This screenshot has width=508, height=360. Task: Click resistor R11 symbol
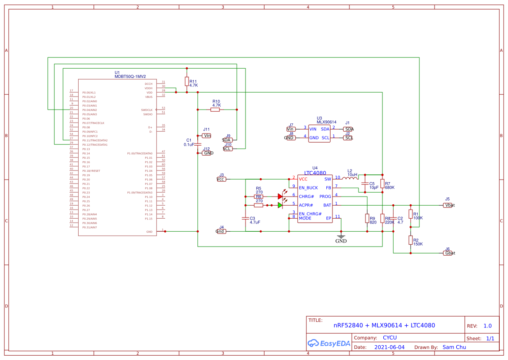pos(187,81)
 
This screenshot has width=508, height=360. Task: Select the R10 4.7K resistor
pos(215,110)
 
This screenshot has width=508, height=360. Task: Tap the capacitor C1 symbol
pos(198,144)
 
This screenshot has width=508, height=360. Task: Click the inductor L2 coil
pos(350,178)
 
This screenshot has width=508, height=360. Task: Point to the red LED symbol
pos(281,197)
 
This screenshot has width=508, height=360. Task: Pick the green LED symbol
pos(281,205)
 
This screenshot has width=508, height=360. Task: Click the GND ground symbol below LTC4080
pos(341,238)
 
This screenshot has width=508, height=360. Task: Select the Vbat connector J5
pos(448,205)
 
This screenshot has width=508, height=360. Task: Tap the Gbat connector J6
pos(448,253)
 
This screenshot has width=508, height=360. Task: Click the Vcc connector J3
pos(221,179)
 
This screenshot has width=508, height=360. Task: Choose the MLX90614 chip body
pos(319,133)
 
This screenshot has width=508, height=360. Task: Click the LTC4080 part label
pos(315,173)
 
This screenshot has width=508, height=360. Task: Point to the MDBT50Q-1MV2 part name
pos(130,77)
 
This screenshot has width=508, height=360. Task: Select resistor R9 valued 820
pos(367,219)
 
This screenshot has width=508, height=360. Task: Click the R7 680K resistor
pos(382,183)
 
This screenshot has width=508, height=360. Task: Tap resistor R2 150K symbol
pos(410,240)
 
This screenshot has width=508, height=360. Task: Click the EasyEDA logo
pos(329,343)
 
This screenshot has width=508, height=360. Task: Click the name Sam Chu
pos(454,347)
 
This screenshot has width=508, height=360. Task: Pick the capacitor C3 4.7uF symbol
pos(246,218)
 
